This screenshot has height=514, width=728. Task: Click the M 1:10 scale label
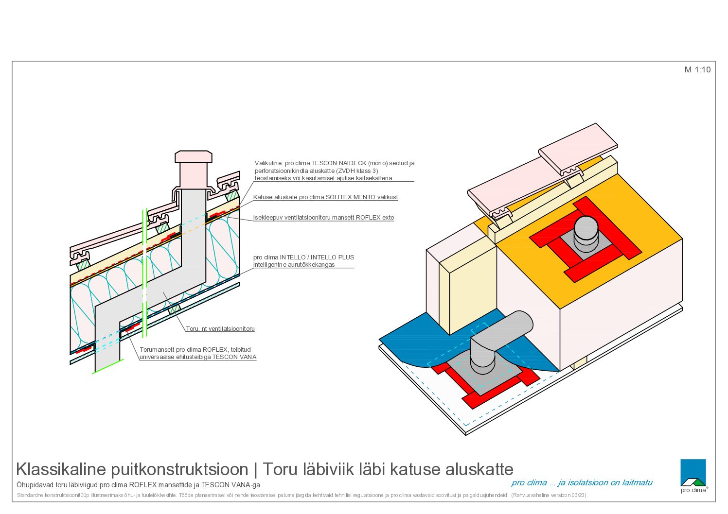point(697,69)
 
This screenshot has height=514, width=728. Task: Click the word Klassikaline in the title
point(61,469)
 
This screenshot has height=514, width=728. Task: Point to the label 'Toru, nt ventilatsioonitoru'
point(220,328)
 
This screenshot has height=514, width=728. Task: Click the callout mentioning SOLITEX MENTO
point(325,197)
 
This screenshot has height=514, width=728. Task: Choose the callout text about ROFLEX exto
point(323,218)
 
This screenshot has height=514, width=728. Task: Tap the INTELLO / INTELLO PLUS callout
point(303,261)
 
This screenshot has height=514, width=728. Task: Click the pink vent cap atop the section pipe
point(194,156)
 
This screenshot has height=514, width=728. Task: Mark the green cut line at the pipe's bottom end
point(108,366)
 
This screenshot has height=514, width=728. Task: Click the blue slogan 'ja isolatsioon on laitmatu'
point(605,482)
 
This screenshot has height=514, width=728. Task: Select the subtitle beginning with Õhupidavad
point(138,485)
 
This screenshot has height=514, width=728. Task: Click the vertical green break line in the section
point(144,273)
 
